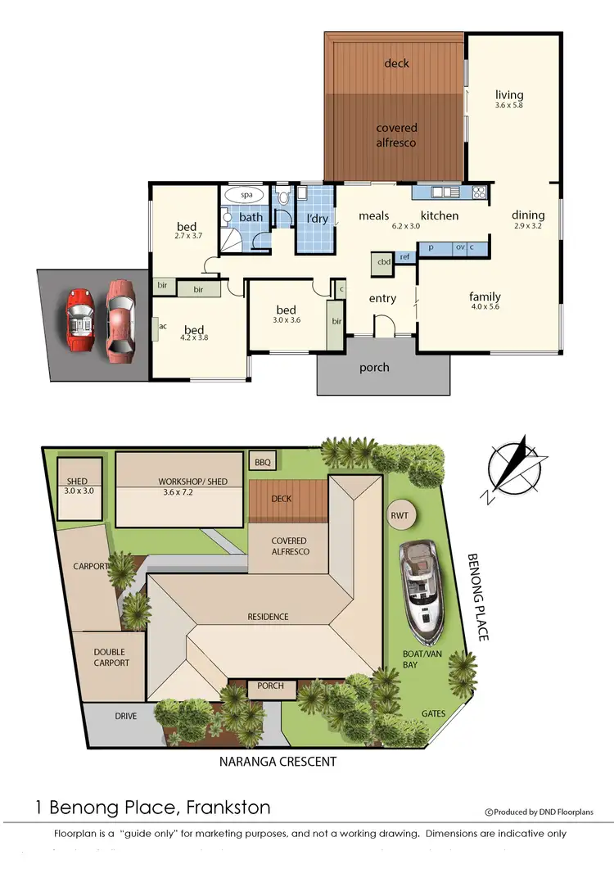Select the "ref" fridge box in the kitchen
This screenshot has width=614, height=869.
[404, 256]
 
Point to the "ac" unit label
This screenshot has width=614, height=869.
[162, 325]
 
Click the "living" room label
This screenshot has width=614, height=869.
[508, 95]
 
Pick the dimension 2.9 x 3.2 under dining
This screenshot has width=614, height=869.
[528, 225]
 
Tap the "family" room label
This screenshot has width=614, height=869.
[485, 296]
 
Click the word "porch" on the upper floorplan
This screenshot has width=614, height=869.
[374, 367]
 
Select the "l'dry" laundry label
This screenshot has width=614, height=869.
[316, 219]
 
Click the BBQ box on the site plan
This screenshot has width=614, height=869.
[262, 463]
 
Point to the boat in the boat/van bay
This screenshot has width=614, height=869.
[422, 591]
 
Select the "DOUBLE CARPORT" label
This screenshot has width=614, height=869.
[111, 658]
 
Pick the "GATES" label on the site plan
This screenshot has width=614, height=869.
[433, 713]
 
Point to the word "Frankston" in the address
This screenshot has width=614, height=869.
[228, 807]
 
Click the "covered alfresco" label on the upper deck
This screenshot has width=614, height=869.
[396, 135]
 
